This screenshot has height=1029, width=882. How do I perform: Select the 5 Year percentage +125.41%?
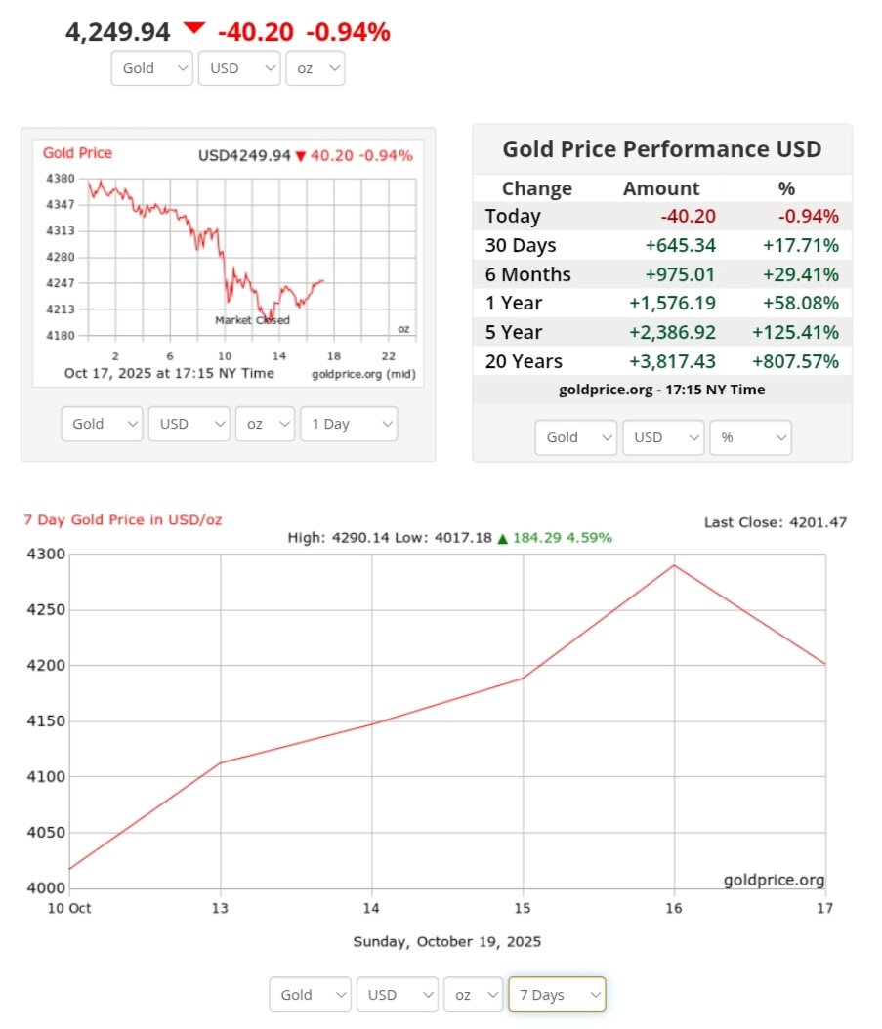click(795, 332)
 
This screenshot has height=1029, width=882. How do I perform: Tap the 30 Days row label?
click(521, 245)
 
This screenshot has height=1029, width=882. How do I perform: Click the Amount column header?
click(661, 188)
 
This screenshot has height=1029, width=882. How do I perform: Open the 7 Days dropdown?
click(557, 995)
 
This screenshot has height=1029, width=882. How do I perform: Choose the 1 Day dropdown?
click(349, 424)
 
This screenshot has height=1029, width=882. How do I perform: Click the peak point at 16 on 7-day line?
click(674, 565)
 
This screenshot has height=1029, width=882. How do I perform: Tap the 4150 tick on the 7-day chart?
click(45, 721)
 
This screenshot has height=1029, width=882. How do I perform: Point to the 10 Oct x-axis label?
click(69, 907)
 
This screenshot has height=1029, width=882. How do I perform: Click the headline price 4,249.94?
click(118, 32)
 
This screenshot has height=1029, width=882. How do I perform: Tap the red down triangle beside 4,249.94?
click(194, 28)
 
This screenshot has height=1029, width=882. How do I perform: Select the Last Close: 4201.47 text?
click(775, 522)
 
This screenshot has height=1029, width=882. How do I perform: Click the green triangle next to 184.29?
click(503, 538)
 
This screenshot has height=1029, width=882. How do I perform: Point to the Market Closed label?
click(252, 320)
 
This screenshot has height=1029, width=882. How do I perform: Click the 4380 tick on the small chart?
click(60, 179)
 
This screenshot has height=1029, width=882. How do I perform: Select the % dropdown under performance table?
click(750, 437)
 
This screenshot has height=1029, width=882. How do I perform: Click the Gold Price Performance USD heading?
click(661, 149)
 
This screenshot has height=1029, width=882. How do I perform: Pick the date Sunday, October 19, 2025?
click(446, 942)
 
